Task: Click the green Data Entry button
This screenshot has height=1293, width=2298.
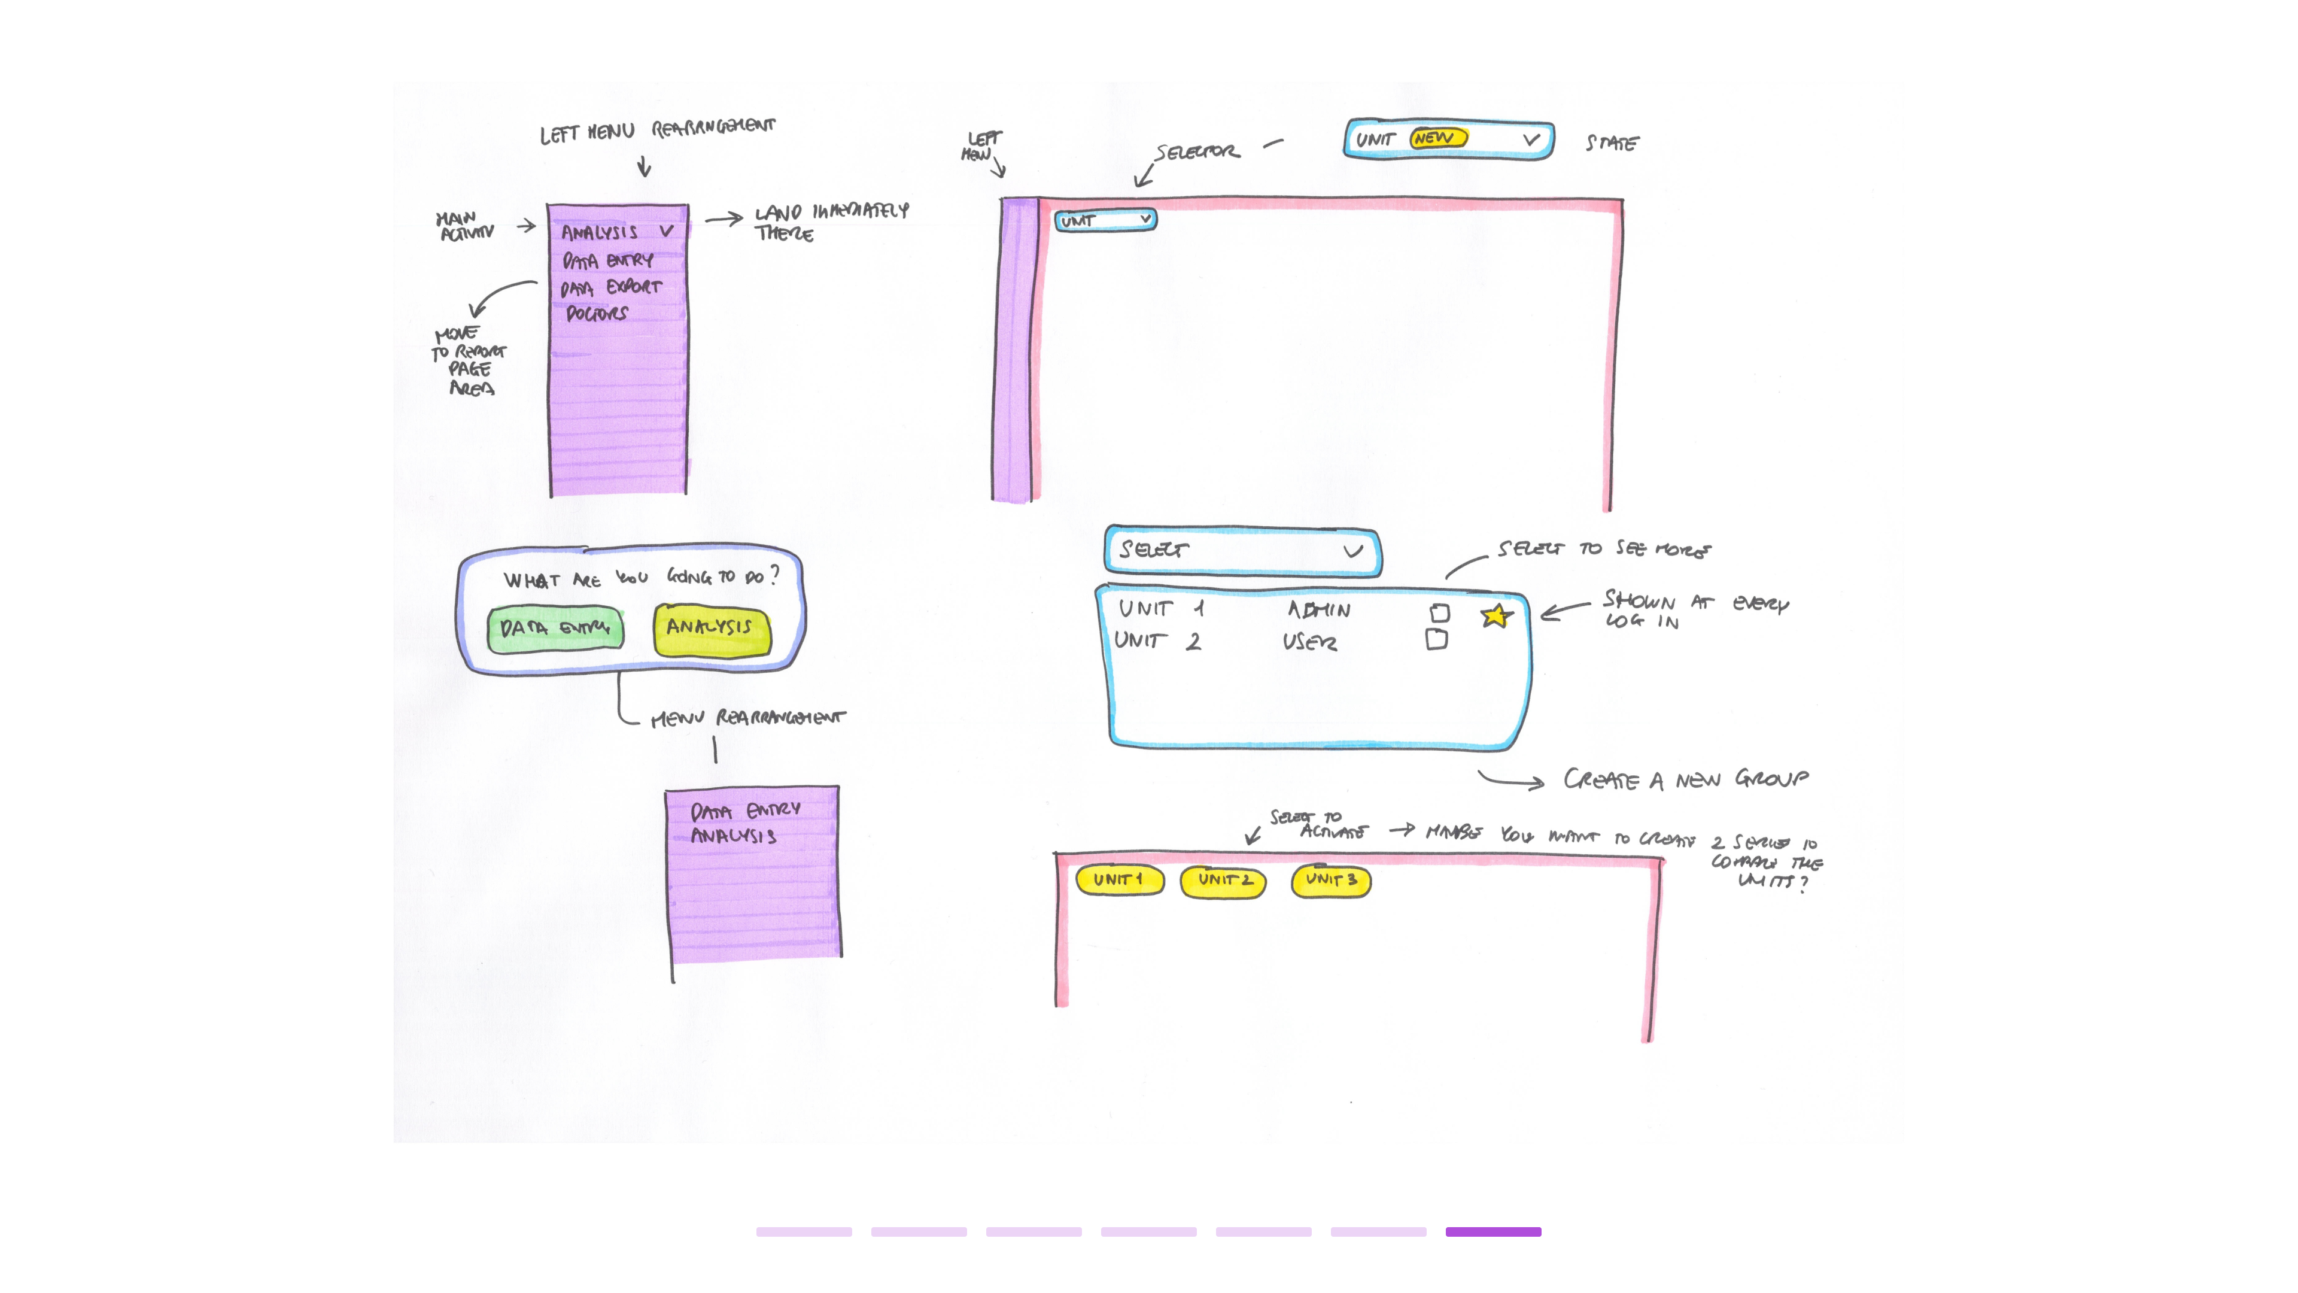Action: coord(555,629)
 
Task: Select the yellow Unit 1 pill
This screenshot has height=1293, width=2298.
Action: coord(1118,880)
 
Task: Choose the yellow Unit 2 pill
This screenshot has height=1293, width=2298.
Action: coord(1223,881)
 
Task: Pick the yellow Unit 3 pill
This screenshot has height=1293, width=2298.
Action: coord(1331,881)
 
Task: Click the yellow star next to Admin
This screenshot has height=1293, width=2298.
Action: coord(1496,616)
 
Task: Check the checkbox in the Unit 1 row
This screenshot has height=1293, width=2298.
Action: coord(1439,613)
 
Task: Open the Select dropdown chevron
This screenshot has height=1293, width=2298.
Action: coord(1352,551)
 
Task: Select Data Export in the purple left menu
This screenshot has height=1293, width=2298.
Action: coord(611,287)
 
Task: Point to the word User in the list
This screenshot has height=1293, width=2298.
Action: coord(1309,642)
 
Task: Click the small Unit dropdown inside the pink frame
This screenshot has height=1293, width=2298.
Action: coord(1106,220)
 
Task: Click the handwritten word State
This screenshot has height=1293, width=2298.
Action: coord(1612,143)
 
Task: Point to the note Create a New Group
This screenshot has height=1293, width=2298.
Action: coord(1685,780)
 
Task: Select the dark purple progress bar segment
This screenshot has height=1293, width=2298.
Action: coord(1493,1231)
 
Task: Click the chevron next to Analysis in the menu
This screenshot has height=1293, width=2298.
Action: coord(667,231)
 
